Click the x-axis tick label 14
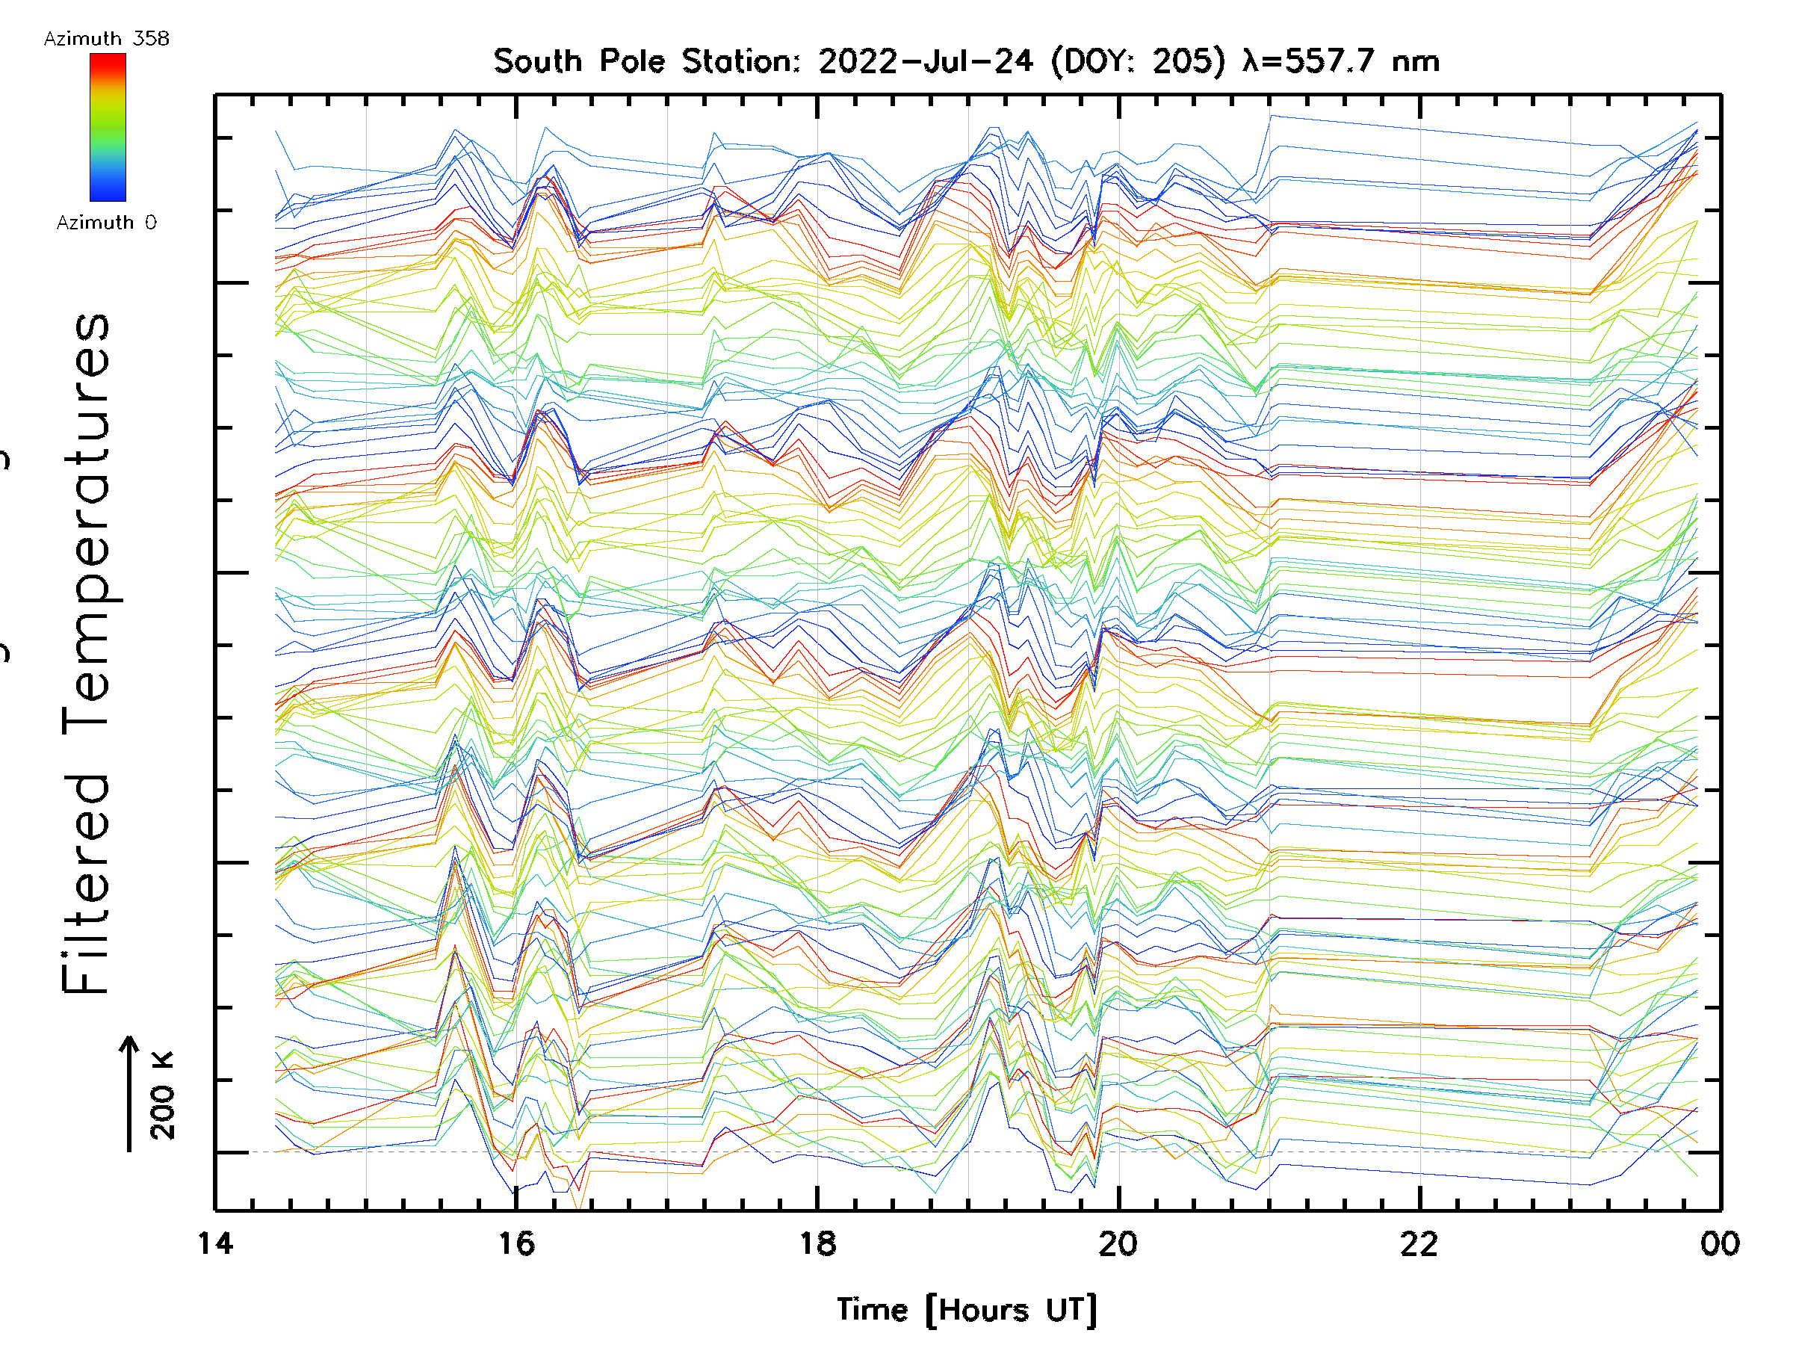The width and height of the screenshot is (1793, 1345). coord(215,1243)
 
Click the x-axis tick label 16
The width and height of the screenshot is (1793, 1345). coord(516,1243)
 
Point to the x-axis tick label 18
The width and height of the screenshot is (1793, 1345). coord(817,1243)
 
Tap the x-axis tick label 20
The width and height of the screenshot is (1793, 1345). coord(1118,1243)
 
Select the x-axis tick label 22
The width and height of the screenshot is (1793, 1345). coord(1419,1243)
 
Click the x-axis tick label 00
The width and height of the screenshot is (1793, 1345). coord(1719,1243)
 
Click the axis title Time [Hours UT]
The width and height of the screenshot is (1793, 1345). coord(967,1309)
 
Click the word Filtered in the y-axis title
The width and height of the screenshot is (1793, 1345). coord(85,884)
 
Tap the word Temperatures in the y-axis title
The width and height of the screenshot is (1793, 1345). coord(85,523)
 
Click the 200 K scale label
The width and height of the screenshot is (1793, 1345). coord(162,1095)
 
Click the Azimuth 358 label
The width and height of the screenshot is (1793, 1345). coord(106,38)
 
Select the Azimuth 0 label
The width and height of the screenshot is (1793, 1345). coord(106,222)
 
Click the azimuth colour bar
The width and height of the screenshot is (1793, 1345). coord(108,127)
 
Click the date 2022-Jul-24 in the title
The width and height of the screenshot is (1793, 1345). coord(926,61)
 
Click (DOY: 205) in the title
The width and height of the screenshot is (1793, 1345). coord(1138,61)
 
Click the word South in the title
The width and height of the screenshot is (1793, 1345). coord(537,61)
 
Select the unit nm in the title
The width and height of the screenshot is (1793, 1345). coord(1415,61)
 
